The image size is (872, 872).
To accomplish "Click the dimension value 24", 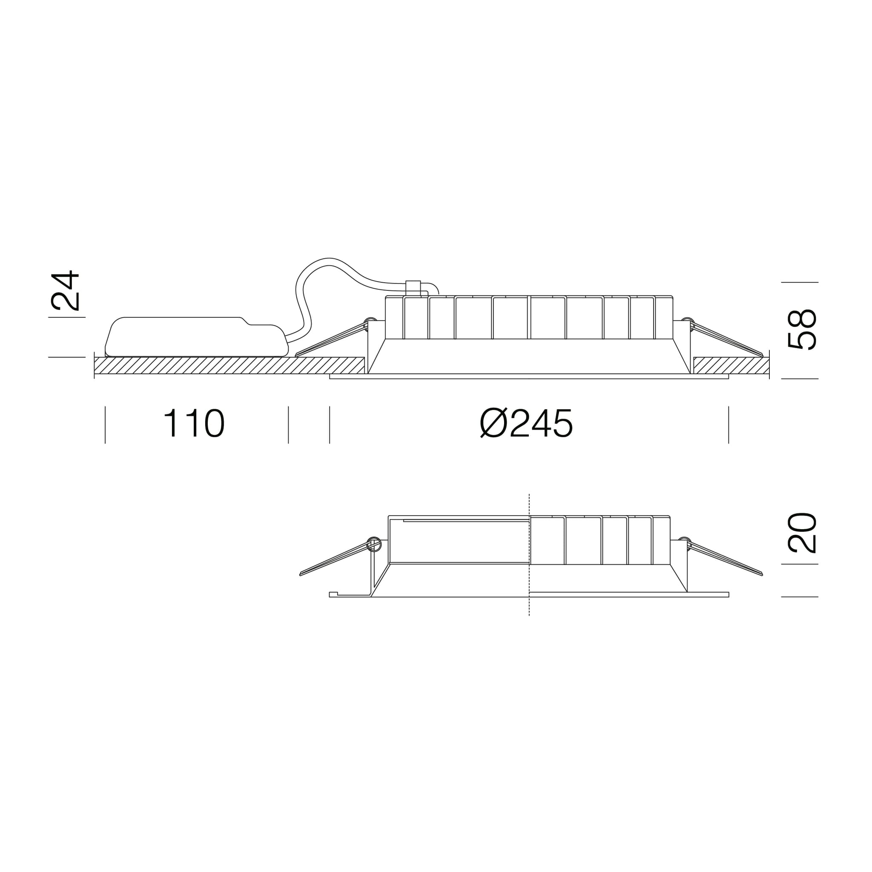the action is click(x=66, y=290).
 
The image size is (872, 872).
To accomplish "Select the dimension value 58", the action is click(x=802, y=329).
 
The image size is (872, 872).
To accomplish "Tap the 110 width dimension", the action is click(x=194, y=423).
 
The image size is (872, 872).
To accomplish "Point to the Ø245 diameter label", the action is click(x=526, y=423).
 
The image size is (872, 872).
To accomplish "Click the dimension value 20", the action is click(x=802, y=533).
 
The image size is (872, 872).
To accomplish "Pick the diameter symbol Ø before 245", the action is click(x=494, y=423).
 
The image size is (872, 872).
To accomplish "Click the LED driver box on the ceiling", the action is click(x=196, y=337).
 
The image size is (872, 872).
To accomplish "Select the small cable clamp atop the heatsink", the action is click(x=413, y=288).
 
